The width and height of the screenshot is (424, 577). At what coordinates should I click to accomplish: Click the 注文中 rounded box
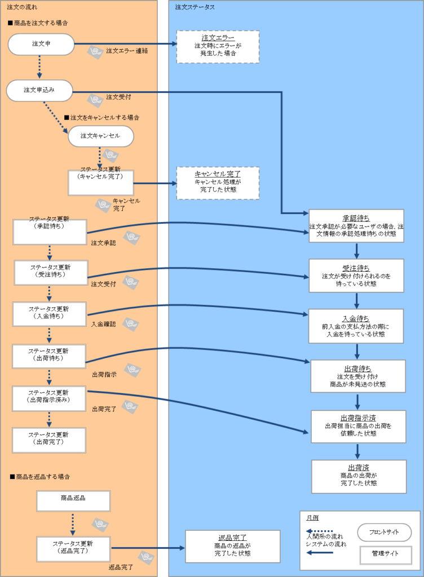click(x=41, y=45)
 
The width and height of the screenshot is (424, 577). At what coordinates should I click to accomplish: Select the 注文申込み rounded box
click(x=39, y=90)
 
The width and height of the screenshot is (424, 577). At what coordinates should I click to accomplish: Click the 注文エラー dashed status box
click(x=218, y=47)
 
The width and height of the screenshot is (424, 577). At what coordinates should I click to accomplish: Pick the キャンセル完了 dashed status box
click(x=218, y=183)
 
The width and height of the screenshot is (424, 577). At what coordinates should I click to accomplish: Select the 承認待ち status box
click(x=356, y=226)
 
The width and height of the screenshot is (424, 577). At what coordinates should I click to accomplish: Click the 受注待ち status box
click(x=356, y=276)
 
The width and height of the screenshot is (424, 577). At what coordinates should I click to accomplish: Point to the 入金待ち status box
click(x=356, y=326)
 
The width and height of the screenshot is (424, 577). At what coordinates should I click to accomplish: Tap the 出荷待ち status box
click(x=357, y=376)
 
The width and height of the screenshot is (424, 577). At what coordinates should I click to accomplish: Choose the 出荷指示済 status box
click(x=359, y=427)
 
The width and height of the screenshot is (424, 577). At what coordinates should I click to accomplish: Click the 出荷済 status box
click(x=359, y=476)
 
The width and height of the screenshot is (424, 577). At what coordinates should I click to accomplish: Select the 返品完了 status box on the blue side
click(x=232, y=546)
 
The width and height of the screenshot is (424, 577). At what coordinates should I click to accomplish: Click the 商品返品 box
click(x=73, y=501)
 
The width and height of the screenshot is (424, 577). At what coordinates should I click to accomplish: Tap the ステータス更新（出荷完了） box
click(x=49, y=440)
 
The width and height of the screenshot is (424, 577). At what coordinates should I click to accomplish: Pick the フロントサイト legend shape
click(x=384, y=532)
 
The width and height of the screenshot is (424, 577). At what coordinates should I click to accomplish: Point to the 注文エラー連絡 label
click(x=127, y=51)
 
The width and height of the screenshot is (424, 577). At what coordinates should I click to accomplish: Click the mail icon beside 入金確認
click(x=131, y=324)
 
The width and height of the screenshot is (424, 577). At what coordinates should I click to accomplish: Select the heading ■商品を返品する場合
click(x=40, y=477)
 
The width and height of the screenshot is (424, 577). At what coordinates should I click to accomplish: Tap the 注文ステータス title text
click(x=195, y=7)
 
